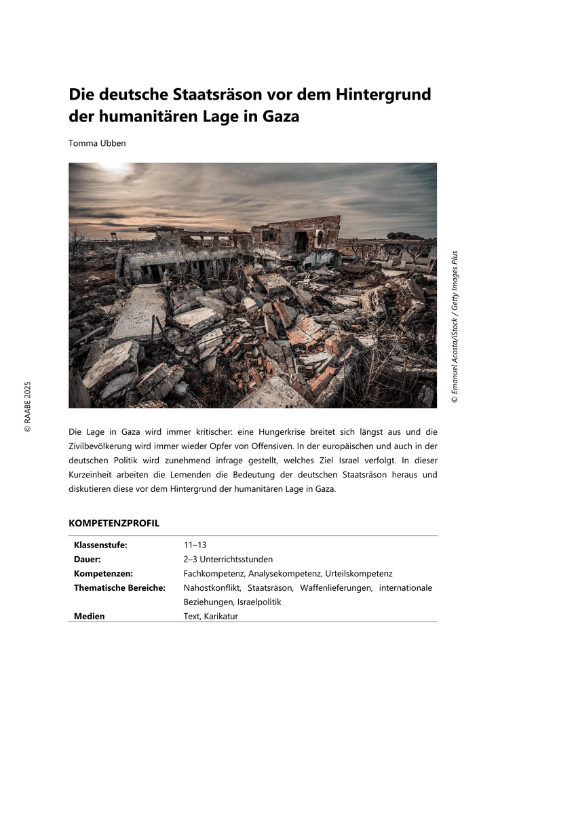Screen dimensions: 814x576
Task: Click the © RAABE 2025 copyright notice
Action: point(28,406)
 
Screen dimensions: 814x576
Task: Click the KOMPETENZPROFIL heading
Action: point(114,523)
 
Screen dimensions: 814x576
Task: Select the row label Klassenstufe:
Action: point(100,545)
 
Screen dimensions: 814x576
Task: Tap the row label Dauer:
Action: point(88,559)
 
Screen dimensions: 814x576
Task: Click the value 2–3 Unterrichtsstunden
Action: point(228,559)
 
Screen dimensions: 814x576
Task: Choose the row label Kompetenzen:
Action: point(103,573)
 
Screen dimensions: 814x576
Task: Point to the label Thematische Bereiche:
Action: point(119,587)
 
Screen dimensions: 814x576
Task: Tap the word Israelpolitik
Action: point(259,602)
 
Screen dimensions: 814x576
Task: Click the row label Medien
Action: point(90,616)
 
